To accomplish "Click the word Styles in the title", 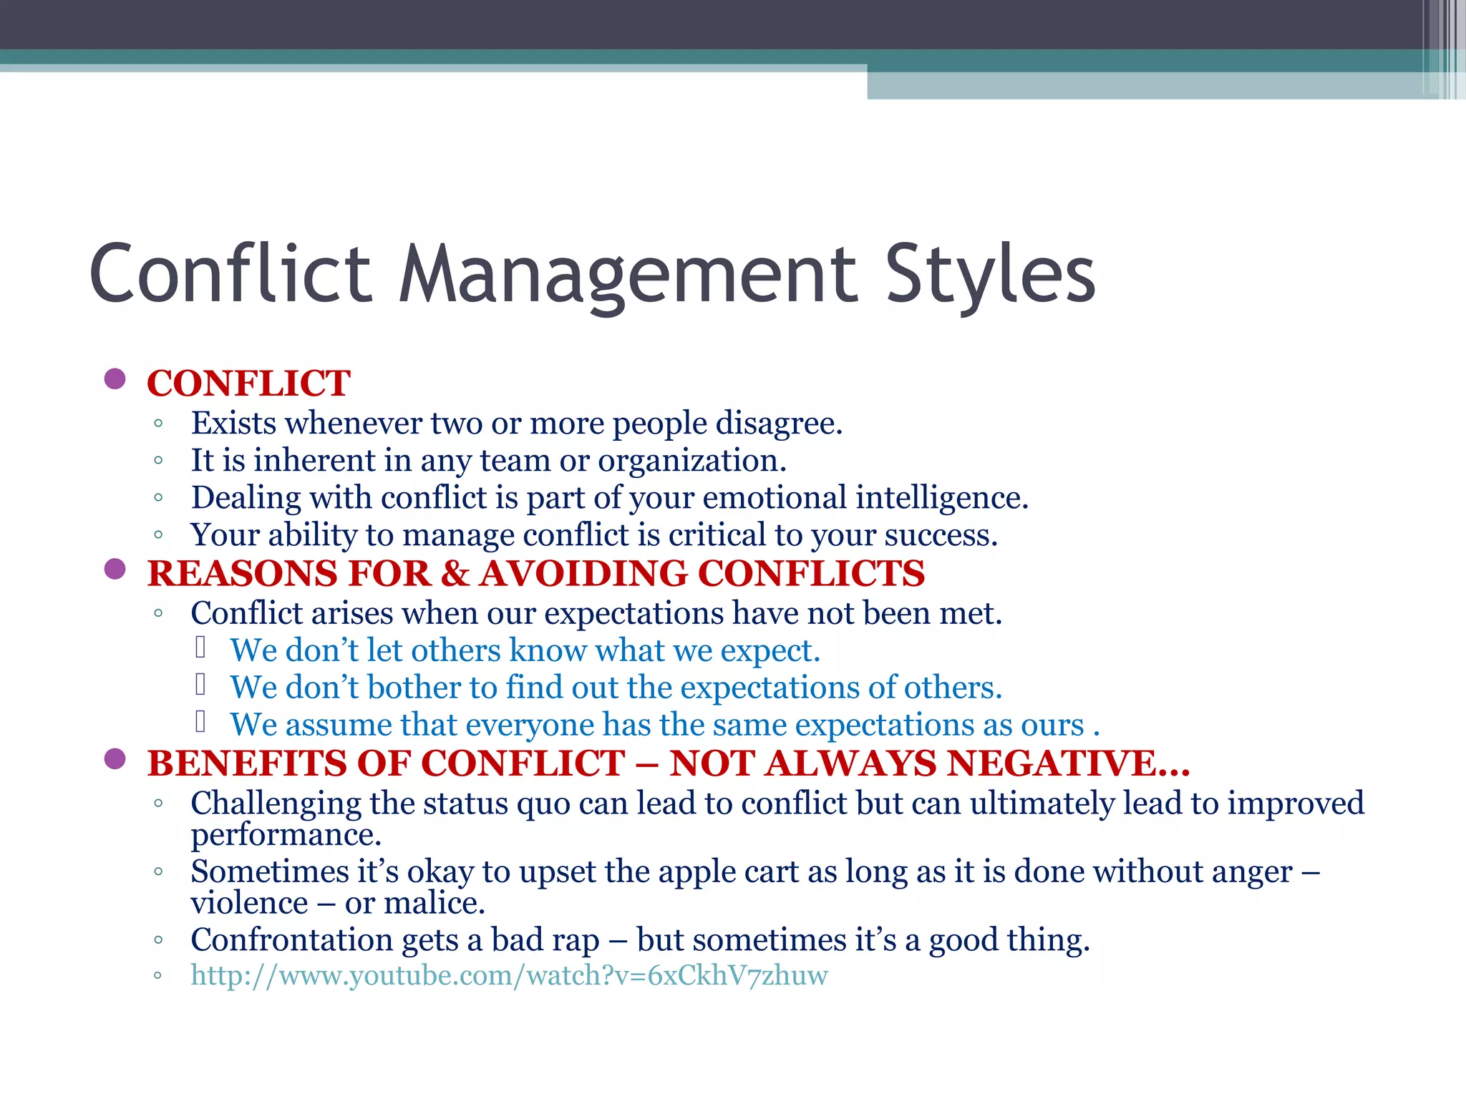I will coord(990,274).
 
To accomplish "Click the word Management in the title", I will coord(627,274).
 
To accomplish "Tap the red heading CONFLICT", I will coord(248,384).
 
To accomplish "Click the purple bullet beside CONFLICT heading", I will coord(115,378).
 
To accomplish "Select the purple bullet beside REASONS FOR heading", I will coord(115,569).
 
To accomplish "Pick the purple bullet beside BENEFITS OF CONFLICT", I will coord(115,758).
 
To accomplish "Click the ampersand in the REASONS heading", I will coord(455,574).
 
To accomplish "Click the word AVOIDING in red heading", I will coord(583,574).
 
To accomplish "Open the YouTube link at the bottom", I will coord(509,975).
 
